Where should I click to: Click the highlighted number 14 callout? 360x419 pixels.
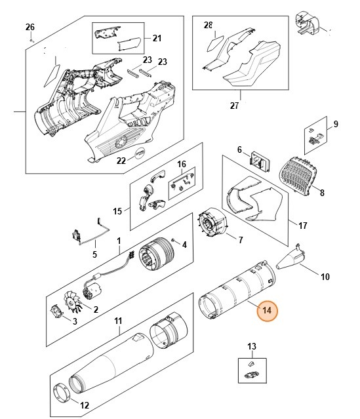click(267, 310)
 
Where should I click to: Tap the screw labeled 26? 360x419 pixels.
click(32, 41)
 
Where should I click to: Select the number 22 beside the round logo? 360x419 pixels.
click(121, 161)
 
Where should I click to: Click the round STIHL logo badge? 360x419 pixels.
click(140, 154)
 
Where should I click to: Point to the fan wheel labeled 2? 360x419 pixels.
click(72, 303)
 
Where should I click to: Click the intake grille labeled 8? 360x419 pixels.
click(298, 174)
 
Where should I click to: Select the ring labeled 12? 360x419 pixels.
click(62, 392)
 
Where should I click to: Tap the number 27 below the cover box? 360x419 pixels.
click(234, 106)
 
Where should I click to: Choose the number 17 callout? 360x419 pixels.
click(302, 226)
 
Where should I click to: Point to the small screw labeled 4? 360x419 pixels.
click(174, 240)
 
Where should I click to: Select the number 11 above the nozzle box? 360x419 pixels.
click(118, 321)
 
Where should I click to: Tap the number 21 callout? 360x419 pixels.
click(157, 38)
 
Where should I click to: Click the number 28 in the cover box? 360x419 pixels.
click(208, 25)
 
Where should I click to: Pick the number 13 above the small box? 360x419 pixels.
click(252, 347)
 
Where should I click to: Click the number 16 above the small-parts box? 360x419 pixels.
click(182, 164)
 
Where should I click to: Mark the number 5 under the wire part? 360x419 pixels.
click(94, 254)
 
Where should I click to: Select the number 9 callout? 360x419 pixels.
click(336, 124)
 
